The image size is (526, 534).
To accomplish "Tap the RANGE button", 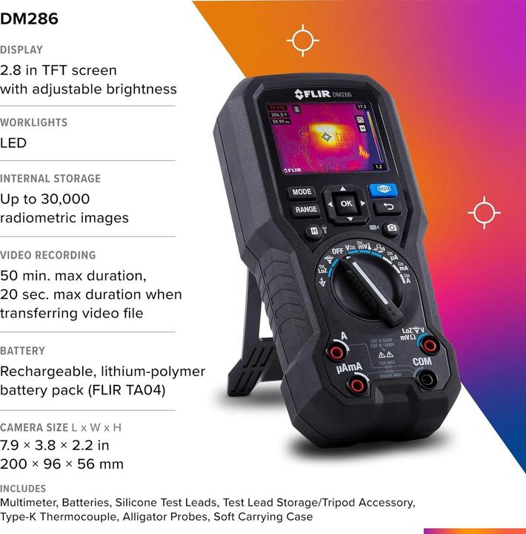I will [x=306, y=210].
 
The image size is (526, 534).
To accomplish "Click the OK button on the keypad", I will [x=345, y=202].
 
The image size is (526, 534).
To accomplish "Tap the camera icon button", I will [x=391, y=228].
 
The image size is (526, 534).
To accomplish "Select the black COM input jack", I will [x=426, y=379].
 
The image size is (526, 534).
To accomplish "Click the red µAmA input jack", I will [x=358, y=383].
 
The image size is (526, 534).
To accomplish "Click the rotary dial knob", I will [x=368, y=285].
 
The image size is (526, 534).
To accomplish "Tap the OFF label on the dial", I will [x=337, y=251].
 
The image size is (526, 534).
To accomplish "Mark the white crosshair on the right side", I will [x=484, y=213].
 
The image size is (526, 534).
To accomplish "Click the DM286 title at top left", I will [x=29, y=19].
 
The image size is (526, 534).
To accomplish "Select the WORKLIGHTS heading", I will [x=34, y=122].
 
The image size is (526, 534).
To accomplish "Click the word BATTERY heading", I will [x=23, y=351].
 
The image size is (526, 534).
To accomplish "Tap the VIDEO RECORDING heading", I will [x=48, y=255].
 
